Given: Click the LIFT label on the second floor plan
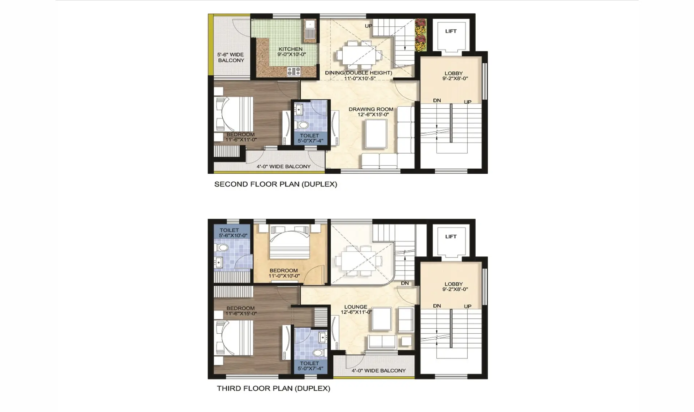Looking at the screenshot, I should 451,31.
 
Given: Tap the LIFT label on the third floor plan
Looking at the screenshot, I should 451,237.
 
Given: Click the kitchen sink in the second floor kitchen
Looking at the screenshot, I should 310,29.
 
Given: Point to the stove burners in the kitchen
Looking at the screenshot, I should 294,71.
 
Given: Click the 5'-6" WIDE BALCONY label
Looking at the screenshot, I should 231,57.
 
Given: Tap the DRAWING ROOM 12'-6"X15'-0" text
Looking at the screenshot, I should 371,112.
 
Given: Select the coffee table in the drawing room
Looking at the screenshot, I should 376,134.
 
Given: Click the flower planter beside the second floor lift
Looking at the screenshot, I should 420,35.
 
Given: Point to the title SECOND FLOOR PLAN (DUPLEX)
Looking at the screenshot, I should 275,184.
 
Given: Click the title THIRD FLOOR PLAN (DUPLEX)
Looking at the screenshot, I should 273,389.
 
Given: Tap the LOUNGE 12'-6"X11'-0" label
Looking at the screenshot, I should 356,309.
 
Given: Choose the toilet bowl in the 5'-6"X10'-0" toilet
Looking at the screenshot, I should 222,248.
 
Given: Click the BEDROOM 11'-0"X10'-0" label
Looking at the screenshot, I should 284,273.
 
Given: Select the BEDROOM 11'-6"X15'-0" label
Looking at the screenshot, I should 241,311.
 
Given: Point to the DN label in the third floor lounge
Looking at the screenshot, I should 405,283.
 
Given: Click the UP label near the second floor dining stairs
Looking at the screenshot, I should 368,26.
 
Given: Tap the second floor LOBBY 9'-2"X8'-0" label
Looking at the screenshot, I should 454,75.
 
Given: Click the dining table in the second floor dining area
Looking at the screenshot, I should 359,55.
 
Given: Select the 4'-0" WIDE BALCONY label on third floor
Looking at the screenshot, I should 378,370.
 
